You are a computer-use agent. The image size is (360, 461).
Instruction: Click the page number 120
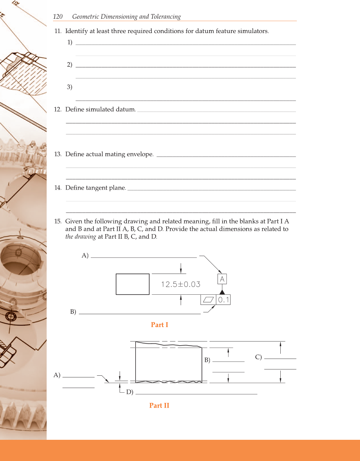[x=58, y=17]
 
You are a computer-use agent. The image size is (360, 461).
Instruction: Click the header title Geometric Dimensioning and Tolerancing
[x=126, y=17]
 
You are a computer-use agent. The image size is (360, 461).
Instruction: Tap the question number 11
[x=58, y=31]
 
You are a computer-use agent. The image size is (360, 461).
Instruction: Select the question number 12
[x=58, y=109]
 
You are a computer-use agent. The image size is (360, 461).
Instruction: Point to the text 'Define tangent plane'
[x=96, y=187]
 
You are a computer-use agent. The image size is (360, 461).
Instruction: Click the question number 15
[x=58, y=221]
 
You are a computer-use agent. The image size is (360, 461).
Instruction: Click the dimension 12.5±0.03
[x=181, y=284]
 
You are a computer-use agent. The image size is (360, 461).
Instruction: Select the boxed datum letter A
[x=222, y=279]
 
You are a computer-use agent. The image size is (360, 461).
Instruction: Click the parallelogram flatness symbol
[x=208, y=300]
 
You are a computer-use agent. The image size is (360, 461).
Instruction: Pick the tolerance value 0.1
[x=223, y=300]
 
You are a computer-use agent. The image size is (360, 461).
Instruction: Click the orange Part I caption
[x=159, y=325]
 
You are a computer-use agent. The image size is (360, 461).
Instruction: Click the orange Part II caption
[x=159, y=405]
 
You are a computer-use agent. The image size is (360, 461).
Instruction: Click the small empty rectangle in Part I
[x=133, y=284]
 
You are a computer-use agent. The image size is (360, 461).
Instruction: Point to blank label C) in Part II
[x=258, y=357]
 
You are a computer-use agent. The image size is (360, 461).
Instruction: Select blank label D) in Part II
[x=129, y=392]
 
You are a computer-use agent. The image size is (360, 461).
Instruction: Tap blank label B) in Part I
[x=73, y=312]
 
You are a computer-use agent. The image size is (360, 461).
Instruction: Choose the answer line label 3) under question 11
[x=70, y=87]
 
